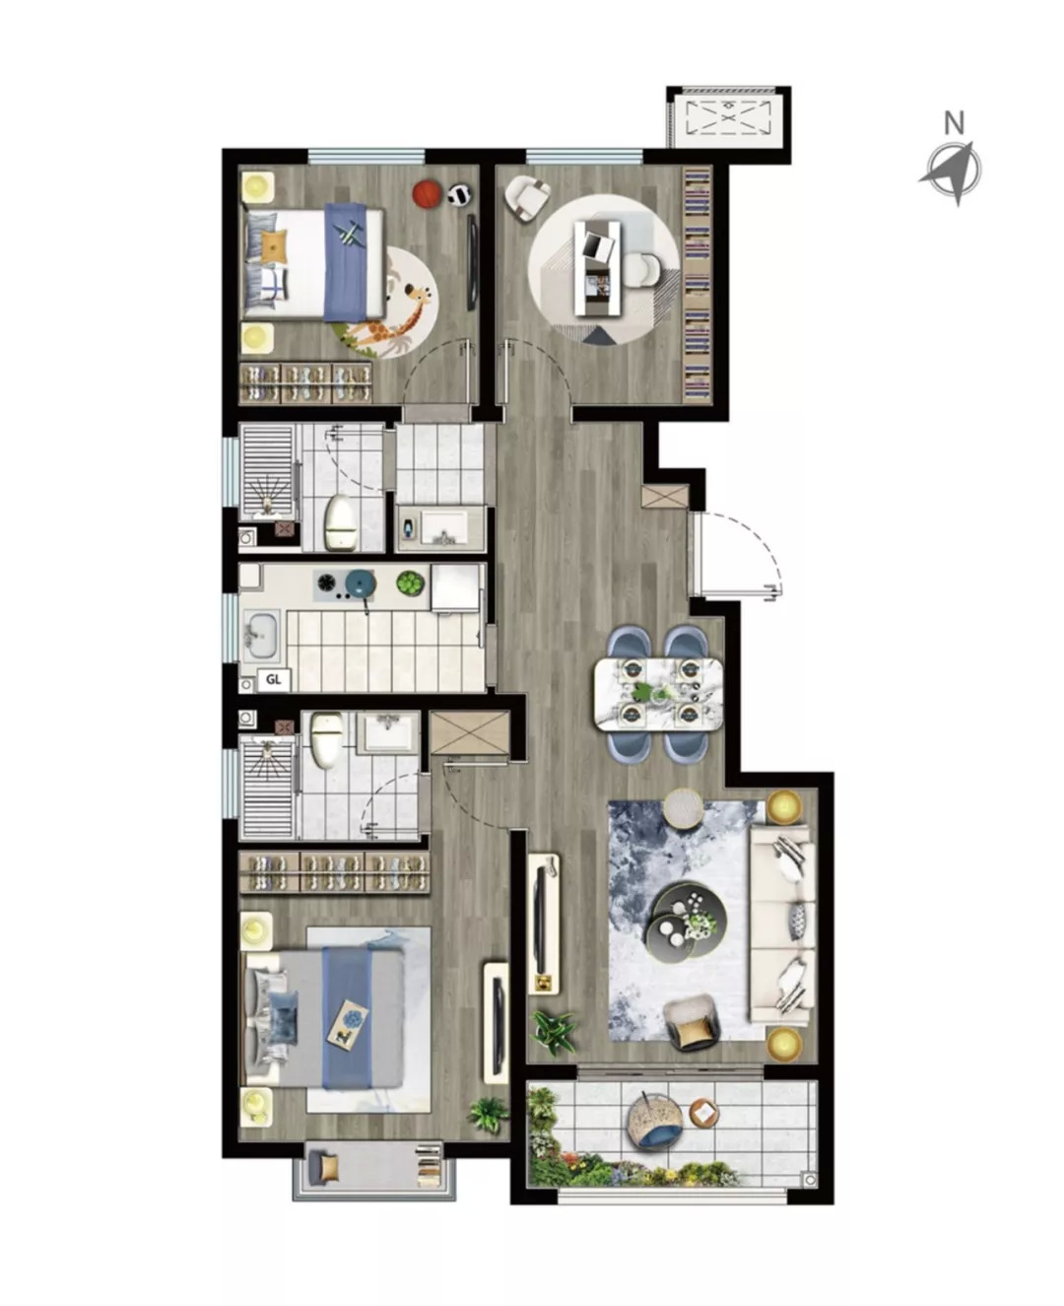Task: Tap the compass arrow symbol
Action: point(952,171)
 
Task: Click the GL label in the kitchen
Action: point(273,679)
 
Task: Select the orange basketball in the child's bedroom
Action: point(428,194)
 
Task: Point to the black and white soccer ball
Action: point(460,195)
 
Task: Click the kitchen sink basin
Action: point(262,637)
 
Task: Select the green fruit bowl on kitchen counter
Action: point(411,583)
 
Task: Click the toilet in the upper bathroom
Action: point(338,520)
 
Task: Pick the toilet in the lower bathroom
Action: point(326,739)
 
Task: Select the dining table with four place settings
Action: point(659,694)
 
